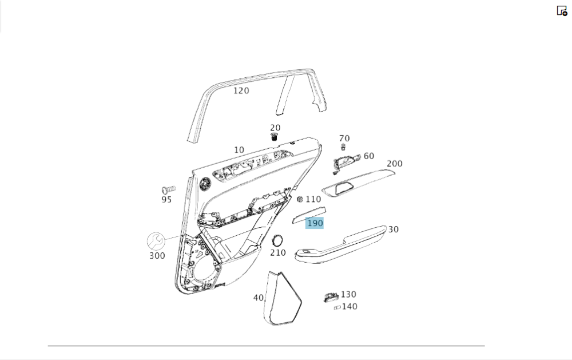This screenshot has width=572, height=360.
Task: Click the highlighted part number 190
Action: click(315, 223)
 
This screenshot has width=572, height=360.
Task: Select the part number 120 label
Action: click(241, 90)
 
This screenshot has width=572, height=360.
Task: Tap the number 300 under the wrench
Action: click(157, 256)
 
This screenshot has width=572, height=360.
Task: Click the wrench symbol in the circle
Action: click(156, 241)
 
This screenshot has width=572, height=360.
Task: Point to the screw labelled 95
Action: click(168, 189)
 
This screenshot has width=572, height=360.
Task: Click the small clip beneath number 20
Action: click(275, 137)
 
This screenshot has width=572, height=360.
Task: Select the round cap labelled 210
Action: click(277, 240)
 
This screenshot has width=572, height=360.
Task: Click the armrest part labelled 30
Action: click(341, 244)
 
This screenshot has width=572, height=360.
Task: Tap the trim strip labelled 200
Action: click(359, 182)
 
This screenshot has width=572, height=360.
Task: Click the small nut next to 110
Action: click(300, 199)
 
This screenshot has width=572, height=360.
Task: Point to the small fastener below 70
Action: click(343, 147)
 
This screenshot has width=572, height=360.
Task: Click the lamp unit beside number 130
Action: click(331, 298)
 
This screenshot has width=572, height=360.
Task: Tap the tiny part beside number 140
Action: click(337, 307)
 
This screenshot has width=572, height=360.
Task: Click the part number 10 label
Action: click(239, 150)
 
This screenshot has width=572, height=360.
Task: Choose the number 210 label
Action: click(278, 252)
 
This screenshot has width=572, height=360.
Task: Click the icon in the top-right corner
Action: click(562, 10)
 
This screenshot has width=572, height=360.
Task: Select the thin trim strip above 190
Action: click(309, 214)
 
